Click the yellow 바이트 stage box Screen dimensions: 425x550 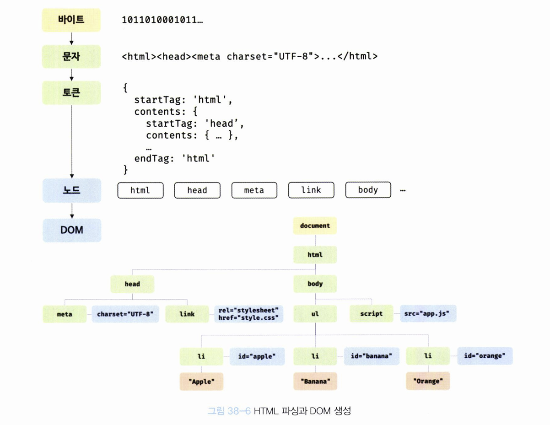(71, 21)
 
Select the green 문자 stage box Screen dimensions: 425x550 (71, 57)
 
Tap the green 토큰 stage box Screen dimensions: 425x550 (71, 93)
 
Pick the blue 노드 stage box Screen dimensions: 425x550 (71, 190)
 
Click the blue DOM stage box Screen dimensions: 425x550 (71, 230)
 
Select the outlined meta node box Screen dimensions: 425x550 (254, 190)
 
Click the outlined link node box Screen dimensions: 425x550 (311, 190)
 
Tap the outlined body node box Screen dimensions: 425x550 (368, 190)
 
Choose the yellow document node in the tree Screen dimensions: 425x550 (315, 226)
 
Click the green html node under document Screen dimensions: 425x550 (315, 255)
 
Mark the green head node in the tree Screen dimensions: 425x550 (132, 284)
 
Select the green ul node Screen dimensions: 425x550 (315, 314)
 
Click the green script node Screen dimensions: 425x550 (371, 314)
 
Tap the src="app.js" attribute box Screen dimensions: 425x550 (428, 314)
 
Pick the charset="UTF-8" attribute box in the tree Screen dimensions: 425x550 (125, 314)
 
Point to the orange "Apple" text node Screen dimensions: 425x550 (201, 381)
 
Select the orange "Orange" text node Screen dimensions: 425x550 (428, 381)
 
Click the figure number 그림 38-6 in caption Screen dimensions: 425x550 (229, 411)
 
